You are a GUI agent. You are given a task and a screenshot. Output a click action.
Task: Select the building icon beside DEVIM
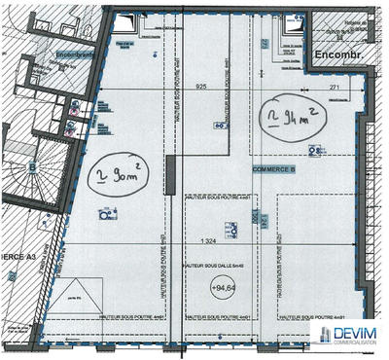click(x=318, y=337)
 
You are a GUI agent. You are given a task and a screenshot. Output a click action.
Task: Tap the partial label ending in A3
click(x=19, y=256)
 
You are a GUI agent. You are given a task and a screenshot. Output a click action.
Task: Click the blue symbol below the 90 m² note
click(x=106, y=216)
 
